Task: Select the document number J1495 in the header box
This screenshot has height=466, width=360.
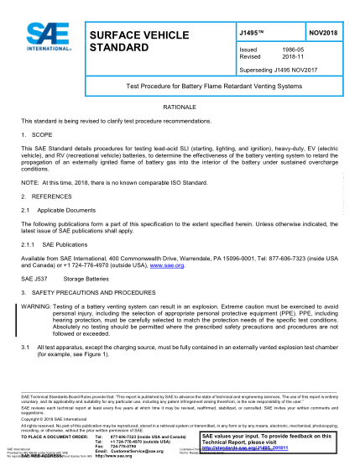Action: point(252,31)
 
